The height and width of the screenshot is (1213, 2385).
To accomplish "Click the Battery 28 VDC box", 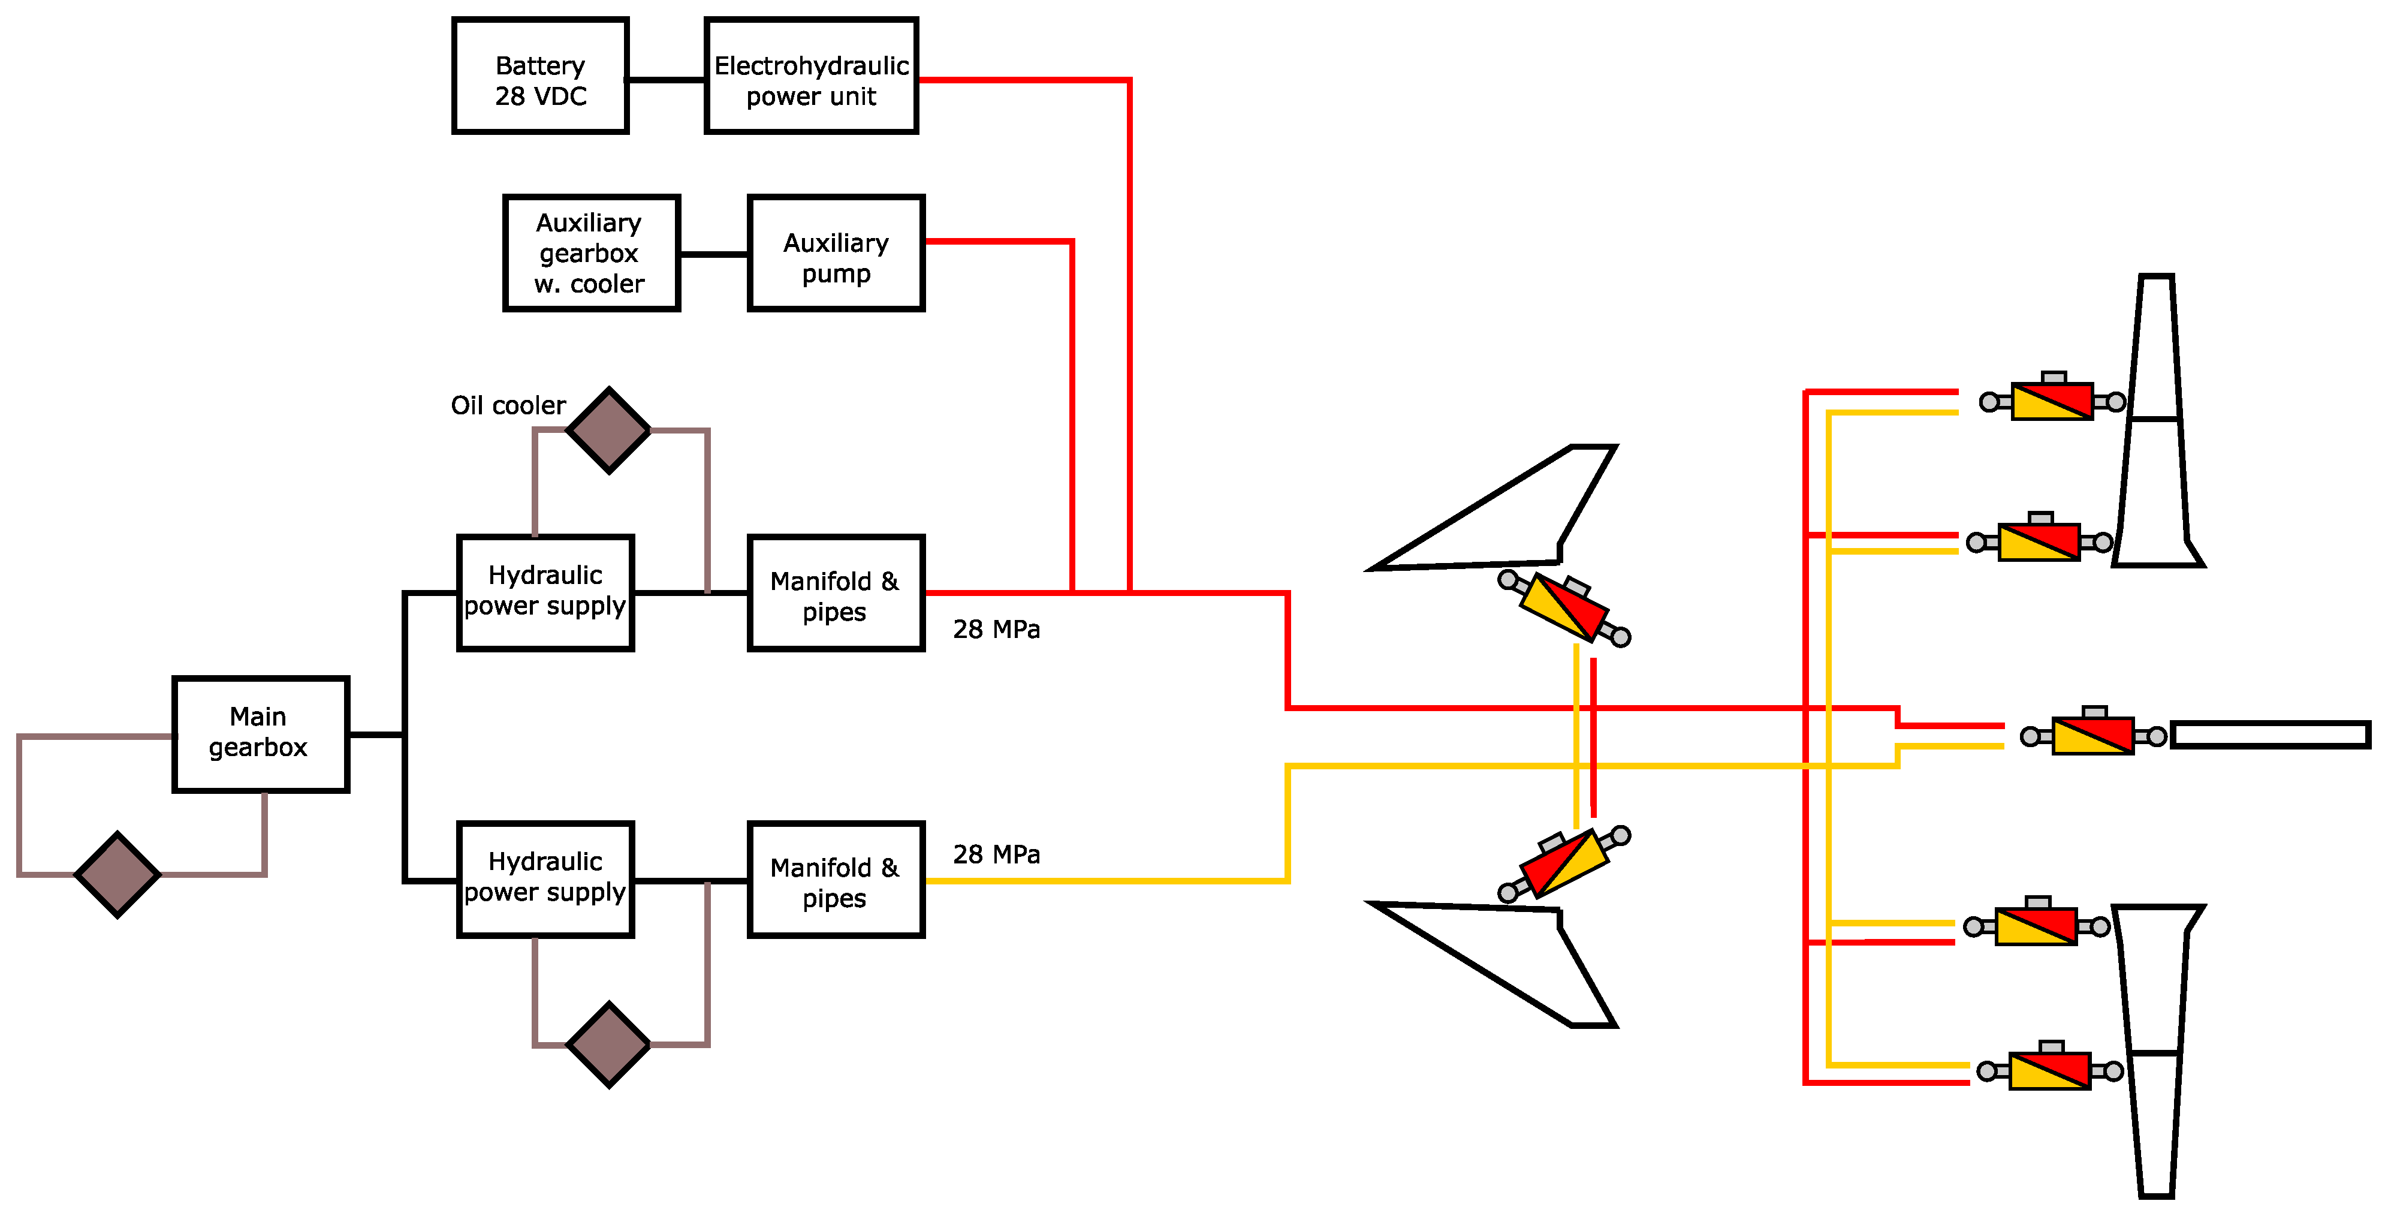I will pyautogui.click(x=540, y=77).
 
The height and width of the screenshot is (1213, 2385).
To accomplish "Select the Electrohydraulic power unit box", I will pyautogui.click(x=811, y=77).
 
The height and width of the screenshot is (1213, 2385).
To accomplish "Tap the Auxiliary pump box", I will pyautogui.click(x=836, y=254).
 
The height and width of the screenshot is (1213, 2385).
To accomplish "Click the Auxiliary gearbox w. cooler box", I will pyautogui.click(x=590, y=254).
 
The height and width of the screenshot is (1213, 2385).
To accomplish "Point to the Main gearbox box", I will pyautogui.click(x=260, y=735).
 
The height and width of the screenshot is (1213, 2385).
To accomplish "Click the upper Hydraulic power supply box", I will pyautogui.click(x=545, y=592).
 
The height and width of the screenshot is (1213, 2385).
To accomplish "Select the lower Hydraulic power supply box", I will pyautogui.click(x=545, y=879).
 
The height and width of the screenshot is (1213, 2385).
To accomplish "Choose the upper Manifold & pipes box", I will pyautogui.click(x=836, y=592).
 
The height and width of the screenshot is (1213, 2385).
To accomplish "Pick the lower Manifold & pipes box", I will pyautogui.click(x=836, y=879).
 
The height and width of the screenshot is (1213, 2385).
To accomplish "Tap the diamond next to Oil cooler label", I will pyautogui.click(x=608, y=431).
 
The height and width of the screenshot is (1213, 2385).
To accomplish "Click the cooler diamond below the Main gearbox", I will pyautogui.click(x=117, y=874).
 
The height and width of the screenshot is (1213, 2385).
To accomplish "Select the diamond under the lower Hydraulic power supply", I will pyautogui.click(x=608, y=1045).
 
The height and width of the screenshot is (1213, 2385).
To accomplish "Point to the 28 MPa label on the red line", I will pyautogui.click(x=996, y=630).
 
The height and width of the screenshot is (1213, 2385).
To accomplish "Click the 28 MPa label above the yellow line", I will pyautogui.click(x=996, y=854).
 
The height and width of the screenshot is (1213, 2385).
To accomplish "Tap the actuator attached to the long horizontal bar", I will pyautogui.click(x=2093, y=736).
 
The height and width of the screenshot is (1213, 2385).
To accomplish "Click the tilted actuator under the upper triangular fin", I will pyautogui.click(x=1564, y=609).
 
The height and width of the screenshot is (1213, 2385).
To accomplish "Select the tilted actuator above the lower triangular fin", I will pyautogui.click(x=1564, y=863).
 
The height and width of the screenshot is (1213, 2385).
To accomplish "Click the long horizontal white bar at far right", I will pyautogui.click(x=2270, y=735).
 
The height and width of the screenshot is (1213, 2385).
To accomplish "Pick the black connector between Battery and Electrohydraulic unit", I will pyautogui.click(x=667, y=80).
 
